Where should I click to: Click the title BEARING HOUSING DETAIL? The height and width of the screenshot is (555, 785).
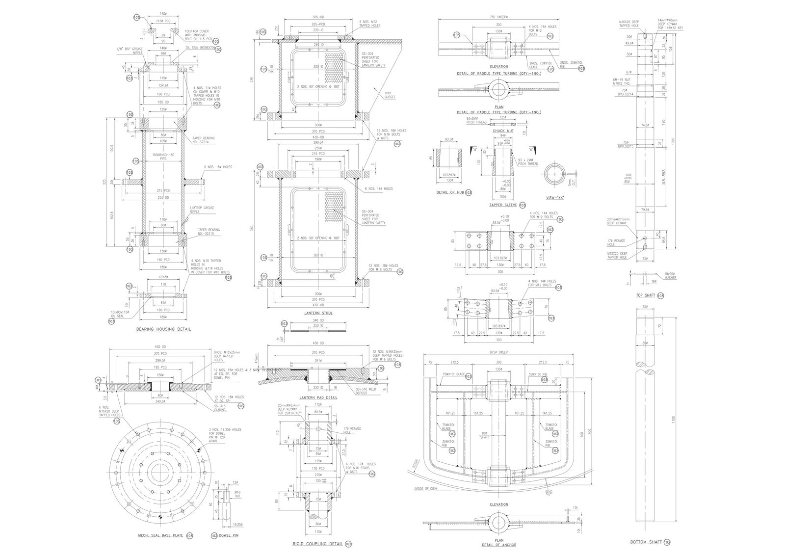163,329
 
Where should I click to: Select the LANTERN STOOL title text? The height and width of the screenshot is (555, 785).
318,313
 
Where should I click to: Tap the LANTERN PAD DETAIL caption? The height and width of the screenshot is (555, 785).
318,397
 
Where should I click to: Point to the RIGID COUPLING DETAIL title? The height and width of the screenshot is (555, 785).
318,544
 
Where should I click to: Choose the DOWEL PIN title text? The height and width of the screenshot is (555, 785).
229,535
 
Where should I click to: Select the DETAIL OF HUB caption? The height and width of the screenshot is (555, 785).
450,192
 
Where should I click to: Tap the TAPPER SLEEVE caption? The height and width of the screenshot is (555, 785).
503,205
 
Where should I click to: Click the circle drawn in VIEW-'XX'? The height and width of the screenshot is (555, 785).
555,174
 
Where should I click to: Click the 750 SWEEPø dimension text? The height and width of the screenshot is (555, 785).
498,17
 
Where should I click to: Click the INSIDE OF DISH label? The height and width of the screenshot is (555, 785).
424,488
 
